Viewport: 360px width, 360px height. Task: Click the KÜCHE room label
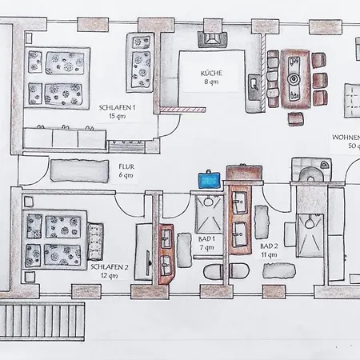[x=211, y=73]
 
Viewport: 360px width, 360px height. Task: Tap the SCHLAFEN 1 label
[x=117, y=108]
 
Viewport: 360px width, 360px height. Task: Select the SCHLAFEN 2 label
[x=110, y=267]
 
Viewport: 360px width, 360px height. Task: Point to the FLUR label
[x=126, y=166]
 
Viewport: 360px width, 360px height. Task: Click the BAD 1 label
[x=206, y=238]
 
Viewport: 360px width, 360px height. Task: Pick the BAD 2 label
[x=269, y=246]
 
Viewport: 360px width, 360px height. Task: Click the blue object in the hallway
[x=210, y=179]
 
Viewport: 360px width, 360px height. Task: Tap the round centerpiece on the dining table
[x=294, y=78]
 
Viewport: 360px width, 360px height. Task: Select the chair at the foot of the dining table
[x=296, y=118]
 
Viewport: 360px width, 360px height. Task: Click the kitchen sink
[x=254, y=86]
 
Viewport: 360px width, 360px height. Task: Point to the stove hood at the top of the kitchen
[x=213, y=39]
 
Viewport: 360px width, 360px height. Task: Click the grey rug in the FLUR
[x=80, y=171]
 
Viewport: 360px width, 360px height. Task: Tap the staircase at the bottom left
[x=42, y=322]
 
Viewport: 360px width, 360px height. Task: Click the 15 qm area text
[x=117, y=116]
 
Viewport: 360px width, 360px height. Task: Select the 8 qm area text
[x=211, y=82]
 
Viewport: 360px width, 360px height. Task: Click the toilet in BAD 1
[x=213, y=272]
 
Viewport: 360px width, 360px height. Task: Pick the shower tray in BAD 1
[x=209, y=214]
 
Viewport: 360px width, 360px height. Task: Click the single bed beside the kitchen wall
[x=140, y=62]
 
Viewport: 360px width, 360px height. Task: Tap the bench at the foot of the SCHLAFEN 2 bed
[x=95, y=242]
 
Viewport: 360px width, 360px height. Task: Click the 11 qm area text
[x=269, y=254]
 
